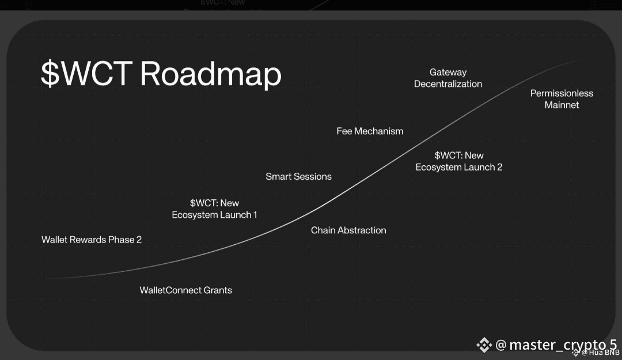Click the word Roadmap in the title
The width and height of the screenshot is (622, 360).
tap(210, 74)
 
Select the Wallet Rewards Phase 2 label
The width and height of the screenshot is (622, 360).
tap(92, 240)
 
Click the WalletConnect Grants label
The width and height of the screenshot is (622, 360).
tap(185, 290)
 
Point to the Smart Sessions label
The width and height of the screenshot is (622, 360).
tap(298, 176)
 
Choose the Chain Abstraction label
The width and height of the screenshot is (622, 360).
tap(348, 230)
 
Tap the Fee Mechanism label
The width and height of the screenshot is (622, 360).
tap(370, 131)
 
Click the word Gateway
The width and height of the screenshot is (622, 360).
tap(448, 72)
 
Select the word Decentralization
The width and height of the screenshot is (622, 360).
tap(448, 84)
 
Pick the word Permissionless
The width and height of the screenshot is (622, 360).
tap(562, 93)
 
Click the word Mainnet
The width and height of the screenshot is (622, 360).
tap(562, 105)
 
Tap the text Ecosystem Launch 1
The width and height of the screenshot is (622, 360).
tap(214, 215)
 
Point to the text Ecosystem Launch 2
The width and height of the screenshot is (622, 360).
tap(459, 167)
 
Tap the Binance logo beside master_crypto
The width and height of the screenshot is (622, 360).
tap(484, 344)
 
